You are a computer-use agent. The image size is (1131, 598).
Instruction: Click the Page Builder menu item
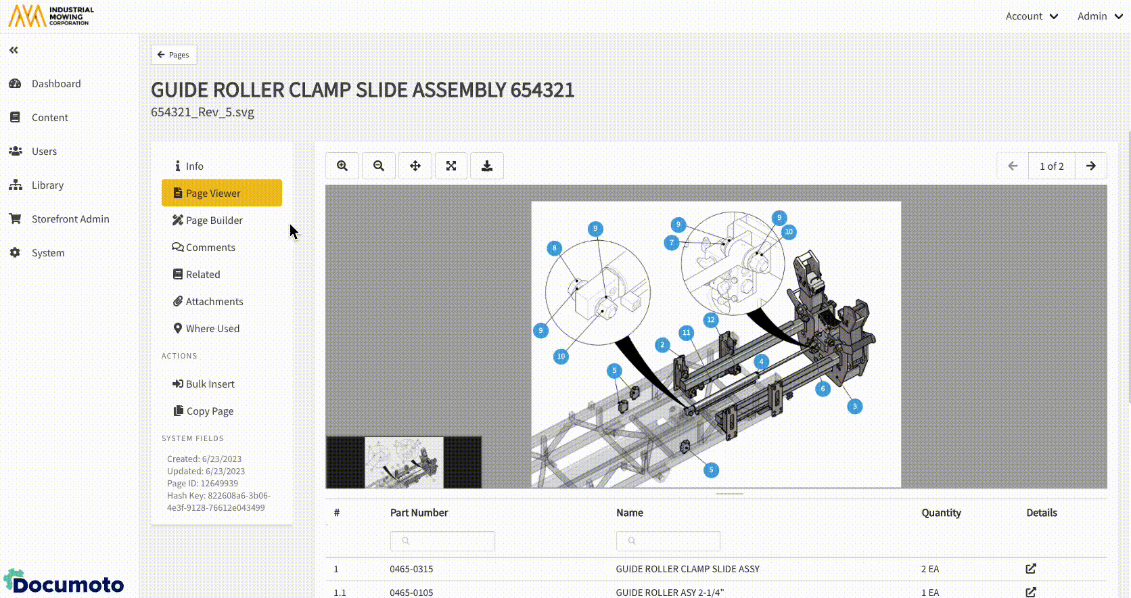208,221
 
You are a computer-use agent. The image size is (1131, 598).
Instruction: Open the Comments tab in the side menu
204,248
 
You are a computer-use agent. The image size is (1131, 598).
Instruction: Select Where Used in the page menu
206,328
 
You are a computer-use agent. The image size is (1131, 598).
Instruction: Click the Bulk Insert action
204,384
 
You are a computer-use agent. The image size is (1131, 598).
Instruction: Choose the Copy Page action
204,411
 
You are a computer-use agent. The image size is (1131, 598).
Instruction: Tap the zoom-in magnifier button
342,166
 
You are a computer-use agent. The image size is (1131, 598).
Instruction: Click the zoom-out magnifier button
379,166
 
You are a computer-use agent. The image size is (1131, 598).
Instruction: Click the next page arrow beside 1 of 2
1091,166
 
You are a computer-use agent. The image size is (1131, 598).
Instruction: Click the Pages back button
174,55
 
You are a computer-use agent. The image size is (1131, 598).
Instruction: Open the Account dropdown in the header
1032,16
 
